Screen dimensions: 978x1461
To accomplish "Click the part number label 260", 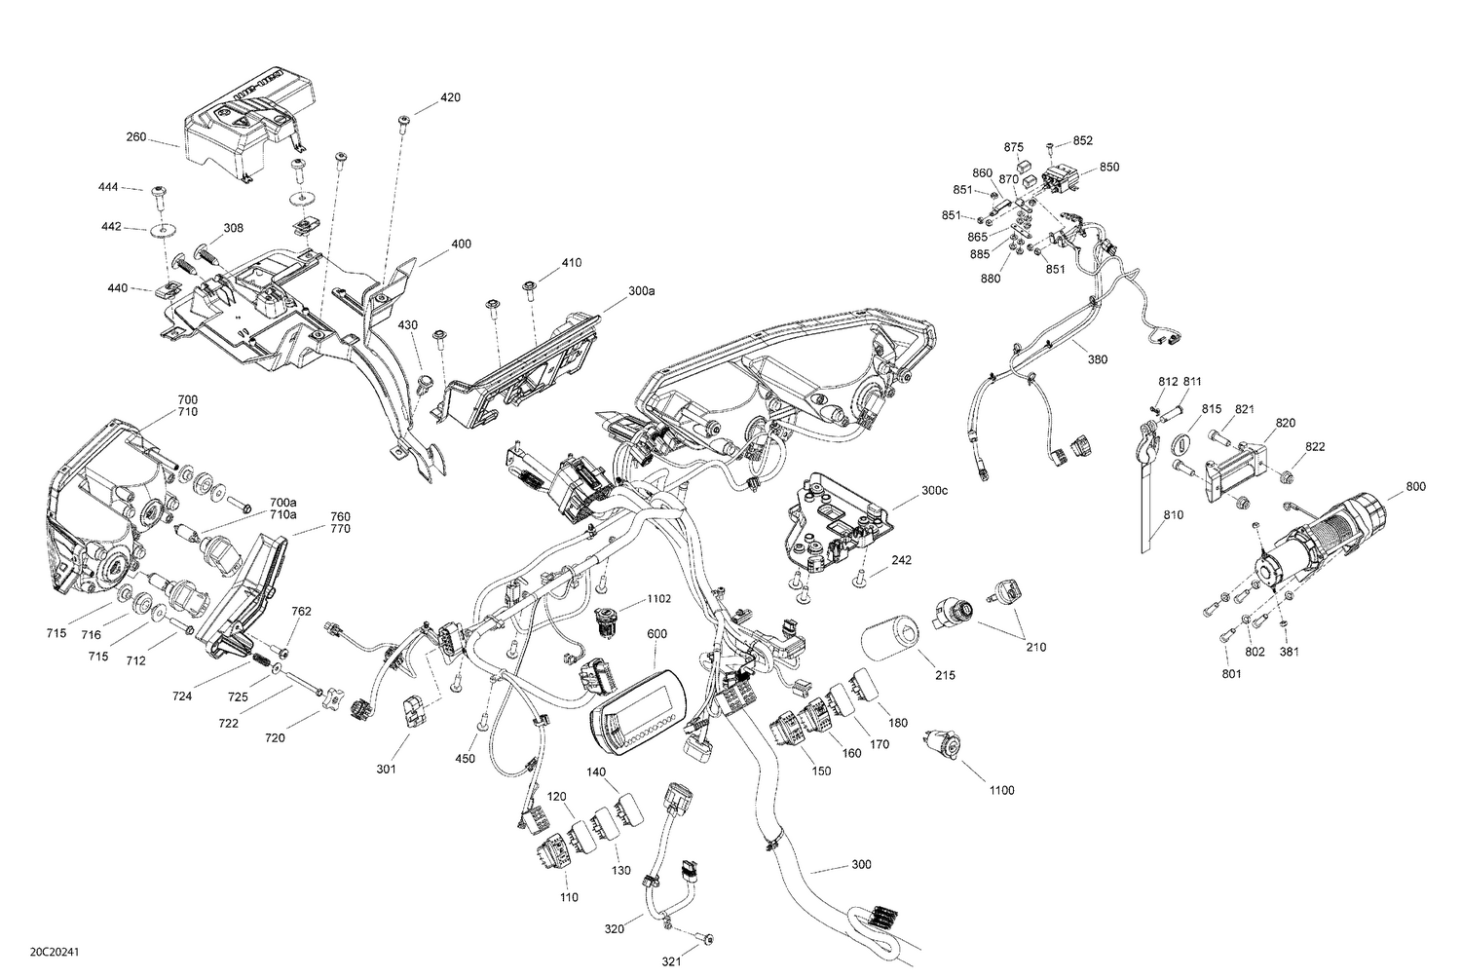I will click(135, 137).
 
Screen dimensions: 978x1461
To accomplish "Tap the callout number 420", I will click(450, 97).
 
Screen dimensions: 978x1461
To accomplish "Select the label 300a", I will click(642, 291).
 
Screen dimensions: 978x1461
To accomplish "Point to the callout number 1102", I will click(660, 600).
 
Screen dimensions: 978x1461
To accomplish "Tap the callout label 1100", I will click(1000, 790).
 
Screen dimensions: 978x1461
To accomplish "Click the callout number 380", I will click(1098, 358).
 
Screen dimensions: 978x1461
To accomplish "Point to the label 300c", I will click(933, 491).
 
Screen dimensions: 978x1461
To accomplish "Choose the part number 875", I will click(1014, 147).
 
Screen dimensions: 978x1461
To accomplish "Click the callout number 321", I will click(672, 961).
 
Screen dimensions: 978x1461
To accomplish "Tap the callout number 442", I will click(112, 227).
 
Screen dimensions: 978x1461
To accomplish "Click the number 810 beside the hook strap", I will click(1174, 514).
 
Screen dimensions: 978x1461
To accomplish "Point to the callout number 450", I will click(465, 758).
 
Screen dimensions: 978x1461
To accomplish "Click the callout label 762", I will click(302, 612).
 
